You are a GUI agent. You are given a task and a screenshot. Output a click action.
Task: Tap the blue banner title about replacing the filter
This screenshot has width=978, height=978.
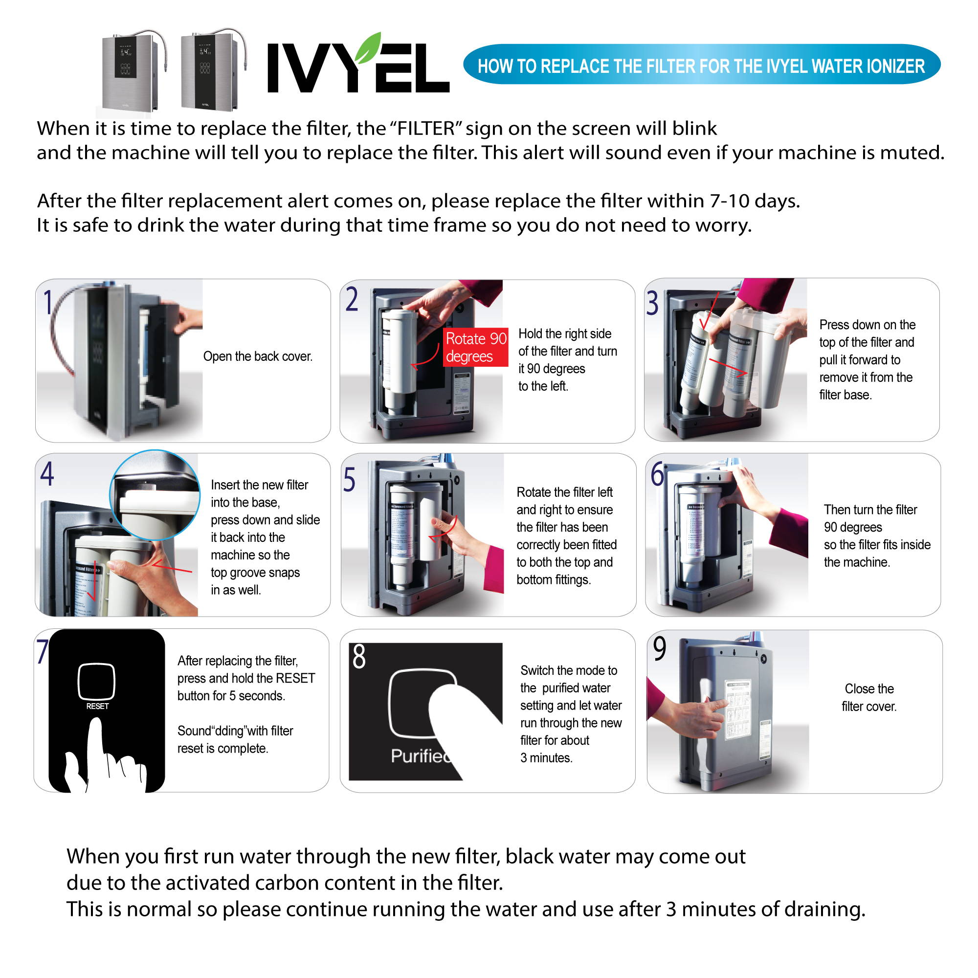click(701, 66)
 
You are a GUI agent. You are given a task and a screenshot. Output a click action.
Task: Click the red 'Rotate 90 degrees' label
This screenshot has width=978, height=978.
click(475, 347)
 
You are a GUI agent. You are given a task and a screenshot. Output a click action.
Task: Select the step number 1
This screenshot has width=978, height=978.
click(48, 302)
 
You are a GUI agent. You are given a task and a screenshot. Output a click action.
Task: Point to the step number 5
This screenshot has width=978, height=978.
click(349, 479)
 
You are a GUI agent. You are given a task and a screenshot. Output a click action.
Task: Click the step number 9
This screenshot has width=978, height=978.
click(660, 648)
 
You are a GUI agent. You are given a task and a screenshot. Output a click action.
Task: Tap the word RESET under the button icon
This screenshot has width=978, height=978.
click(97, 706)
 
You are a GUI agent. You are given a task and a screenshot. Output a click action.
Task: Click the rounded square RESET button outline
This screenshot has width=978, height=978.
click(96, 681)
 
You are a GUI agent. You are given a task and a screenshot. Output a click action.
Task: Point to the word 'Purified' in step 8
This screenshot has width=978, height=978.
click(420, 756)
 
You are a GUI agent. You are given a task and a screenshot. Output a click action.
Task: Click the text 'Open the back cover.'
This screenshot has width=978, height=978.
click(258, 356)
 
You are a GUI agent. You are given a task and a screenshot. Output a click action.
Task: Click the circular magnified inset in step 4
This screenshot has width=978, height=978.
click(155, 494)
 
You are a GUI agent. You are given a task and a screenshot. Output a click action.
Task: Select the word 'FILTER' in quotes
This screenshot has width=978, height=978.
click(426, 129)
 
